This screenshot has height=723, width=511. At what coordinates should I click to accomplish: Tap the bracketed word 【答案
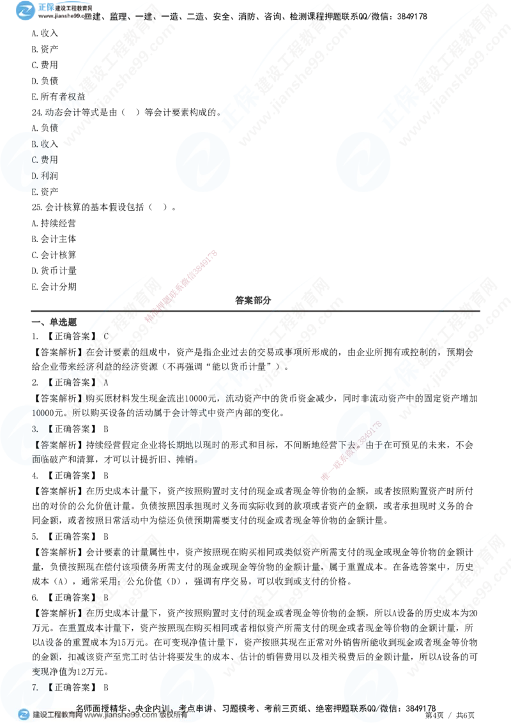point(46,445)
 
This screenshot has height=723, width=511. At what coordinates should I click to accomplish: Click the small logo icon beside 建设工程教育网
point(24,715)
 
